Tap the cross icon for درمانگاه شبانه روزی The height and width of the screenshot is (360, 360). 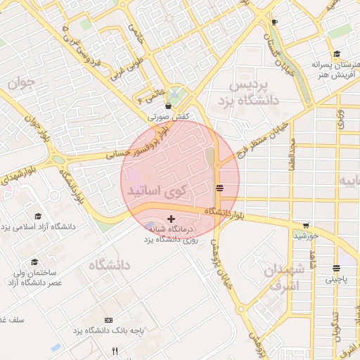click(171, 220)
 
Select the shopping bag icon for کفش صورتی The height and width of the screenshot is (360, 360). click(168, 106)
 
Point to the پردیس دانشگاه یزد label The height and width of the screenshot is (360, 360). click(255, 92)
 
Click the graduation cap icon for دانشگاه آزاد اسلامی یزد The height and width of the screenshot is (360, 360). click(38, 216)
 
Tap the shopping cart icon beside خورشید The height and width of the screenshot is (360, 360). click(306, 226)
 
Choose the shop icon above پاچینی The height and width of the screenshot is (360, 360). click(336, 268)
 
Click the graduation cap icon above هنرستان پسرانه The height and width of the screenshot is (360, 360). click(337, 54)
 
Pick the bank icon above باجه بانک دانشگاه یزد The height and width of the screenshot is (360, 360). click(108, 320)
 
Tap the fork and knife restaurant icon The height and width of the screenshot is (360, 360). click(115, 351)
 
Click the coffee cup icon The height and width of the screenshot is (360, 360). click(274, 22)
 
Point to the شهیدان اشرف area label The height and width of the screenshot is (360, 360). click(285, 277)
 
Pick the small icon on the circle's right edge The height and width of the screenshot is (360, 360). click(220, 187)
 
